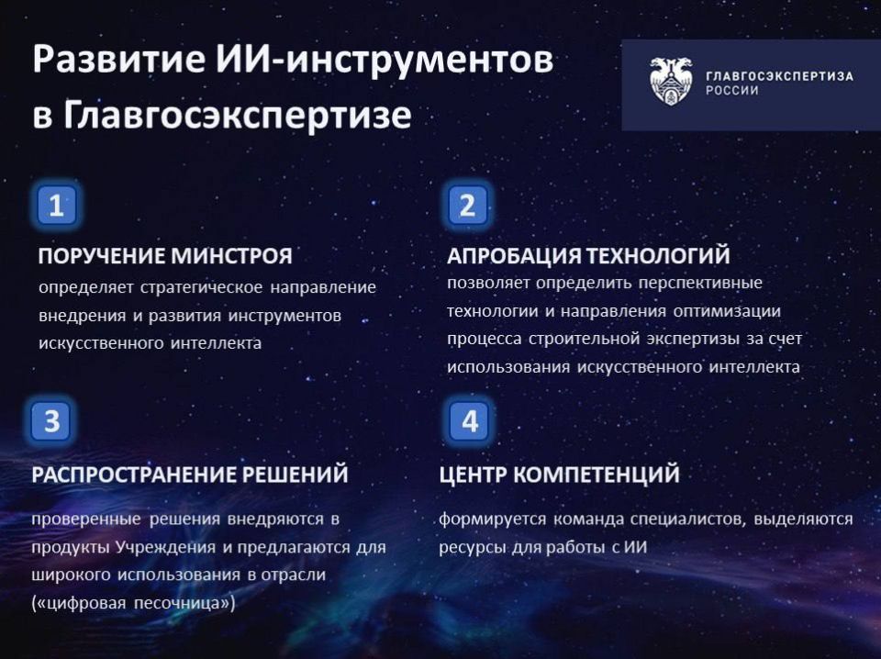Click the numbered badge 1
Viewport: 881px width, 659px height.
click(57, 206)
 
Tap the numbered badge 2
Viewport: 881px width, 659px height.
click(467, 206)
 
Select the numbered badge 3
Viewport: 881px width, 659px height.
click(52, 421)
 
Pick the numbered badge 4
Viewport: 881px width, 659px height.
click(470, 421)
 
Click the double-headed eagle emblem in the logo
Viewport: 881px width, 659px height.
click(671, 81)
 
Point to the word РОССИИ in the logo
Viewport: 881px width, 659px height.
click(731, 91)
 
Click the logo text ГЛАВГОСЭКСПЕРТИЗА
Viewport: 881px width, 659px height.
click(778, 75)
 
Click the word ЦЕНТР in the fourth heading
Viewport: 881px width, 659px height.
click(472, 475)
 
